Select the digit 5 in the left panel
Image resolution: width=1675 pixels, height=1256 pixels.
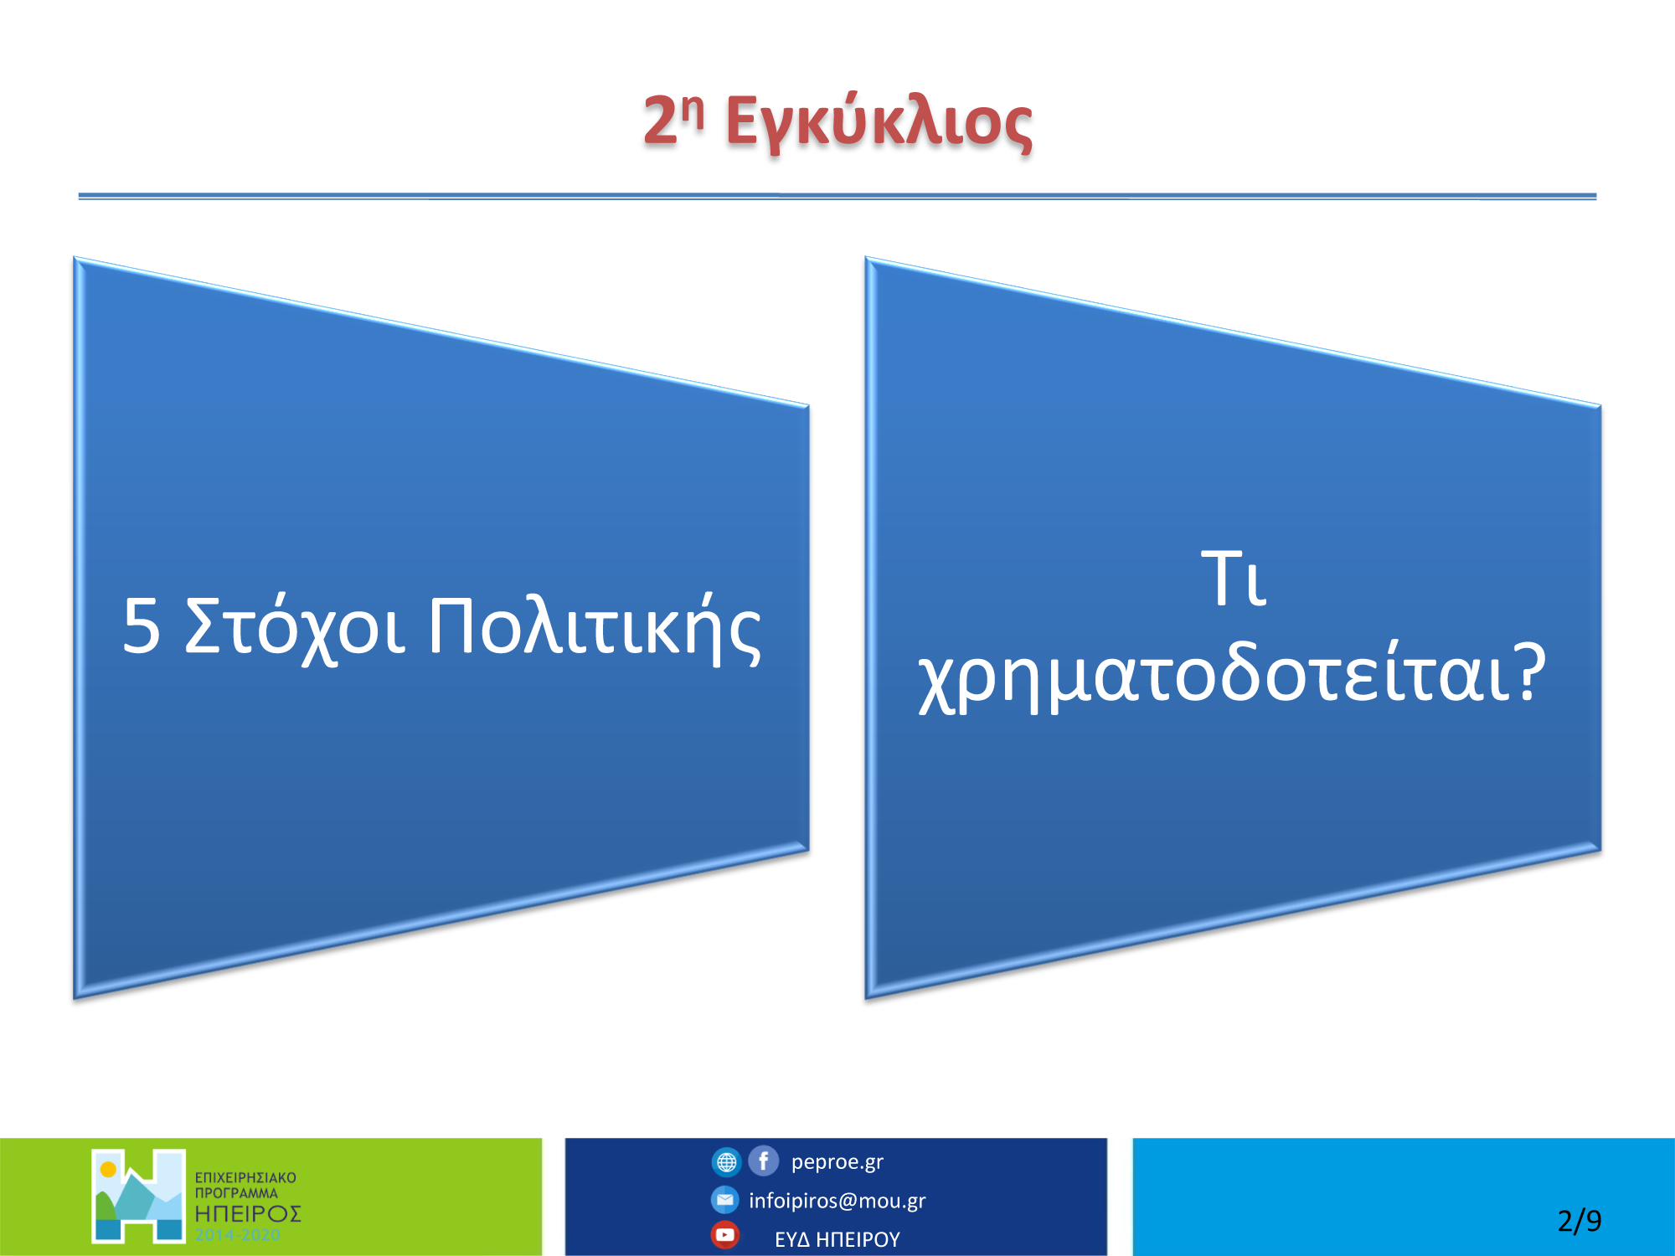pos(141,625)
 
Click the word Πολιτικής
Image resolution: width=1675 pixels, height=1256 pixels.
pos(595,629)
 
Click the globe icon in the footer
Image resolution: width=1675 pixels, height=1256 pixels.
pos(726,1162)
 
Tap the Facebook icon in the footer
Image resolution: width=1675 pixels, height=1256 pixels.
pos(763,1161)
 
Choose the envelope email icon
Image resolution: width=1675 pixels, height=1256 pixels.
pos(725,1200)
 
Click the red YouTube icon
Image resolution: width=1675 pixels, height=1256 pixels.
pos(725,1235)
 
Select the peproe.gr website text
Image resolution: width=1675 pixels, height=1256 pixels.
pos(837,1162)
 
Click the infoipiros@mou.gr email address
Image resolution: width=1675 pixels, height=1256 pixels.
pos(837,1201)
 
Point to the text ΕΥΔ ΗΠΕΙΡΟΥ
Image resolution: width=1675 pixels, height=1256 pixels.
pos(837,1239)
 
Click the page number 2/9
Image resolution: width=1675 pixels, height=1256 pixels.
pos(1580,1221)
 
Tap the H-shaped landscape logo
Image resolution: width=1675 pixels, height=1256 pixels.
pos(138,1196)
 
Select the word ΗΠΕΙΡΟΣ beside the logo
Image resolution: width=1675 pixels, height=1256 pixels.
pos(248,1213)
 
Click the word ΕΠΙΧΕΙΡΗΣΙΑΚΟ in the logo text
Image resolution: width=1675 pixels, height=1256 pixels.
pos(245,1177)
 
